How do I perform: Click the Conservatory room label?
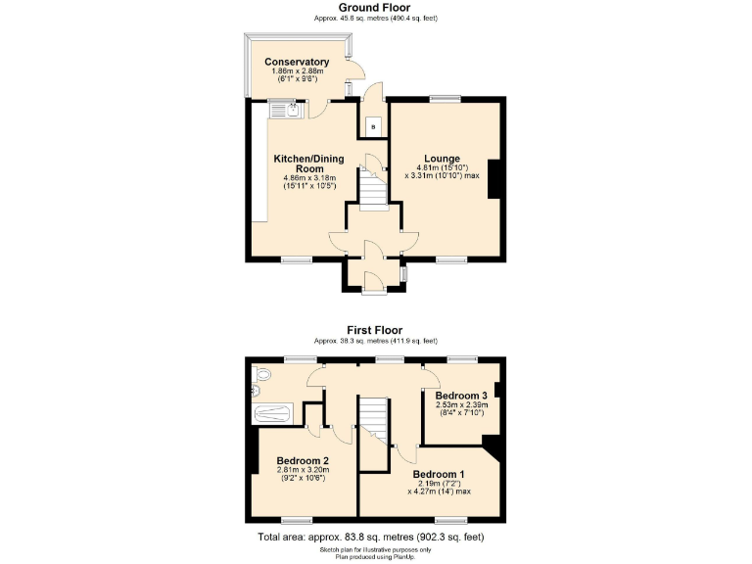pos(297,63)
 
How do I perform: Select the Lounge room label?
pos(442,158)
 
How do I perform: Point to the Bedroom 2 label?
pos(302,460)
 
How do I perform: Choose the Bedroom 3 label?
pos(461,396)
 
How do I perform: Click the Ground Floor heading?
pos(375,8)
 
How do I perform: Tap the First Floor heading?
pos(375,330)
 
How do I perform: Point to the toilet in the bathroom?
pos(259,375)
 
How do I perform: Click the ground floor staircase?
pos(371,186)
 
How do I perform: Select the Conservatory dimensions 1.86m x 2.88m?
pos(297,72)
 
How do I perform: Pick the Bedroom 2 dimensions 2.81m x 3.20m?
pos(302,470)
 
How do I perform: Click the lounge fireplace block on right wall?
pos(496,178)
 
